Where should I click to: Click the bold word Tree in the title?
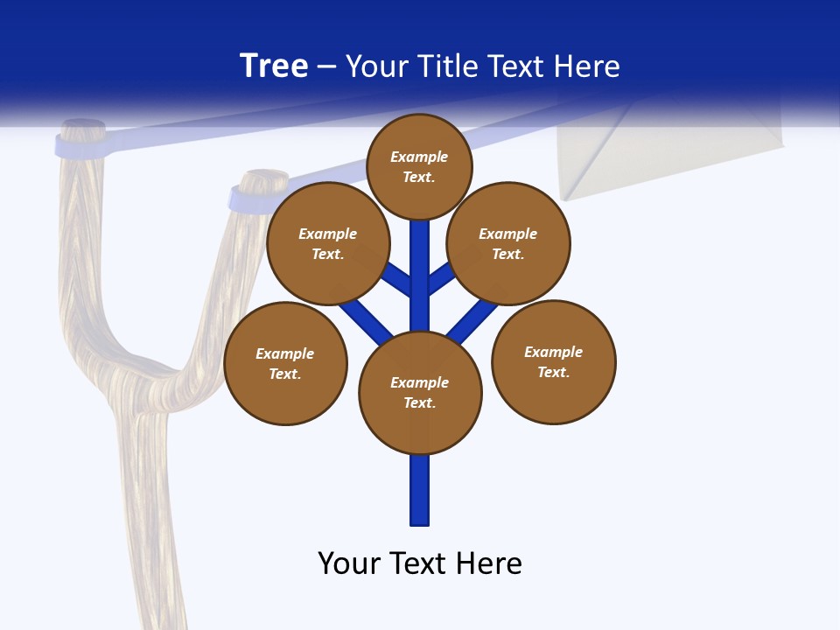(x=274, y=66)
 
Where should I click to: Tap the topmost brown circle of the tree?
(x=419, y=166)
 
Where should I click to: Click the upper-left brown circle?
(x=328, y=243)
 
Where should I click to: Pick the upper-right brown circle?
(x=508, y=243)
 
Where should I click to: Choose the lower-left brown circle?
(x=285, y=363)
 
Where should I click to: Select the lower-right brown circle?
(x=554, y=361)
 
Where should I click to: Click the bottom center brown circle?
(x=420, y=392)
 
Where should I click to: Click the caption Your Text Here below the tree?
(x=420, y=563)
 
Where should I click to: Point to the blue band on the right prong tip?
(x=246, y=199)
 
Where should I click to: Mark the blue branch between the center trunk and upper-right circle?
(x=441, y=278)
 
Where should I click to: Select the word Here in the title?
(x=586, y=66)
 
